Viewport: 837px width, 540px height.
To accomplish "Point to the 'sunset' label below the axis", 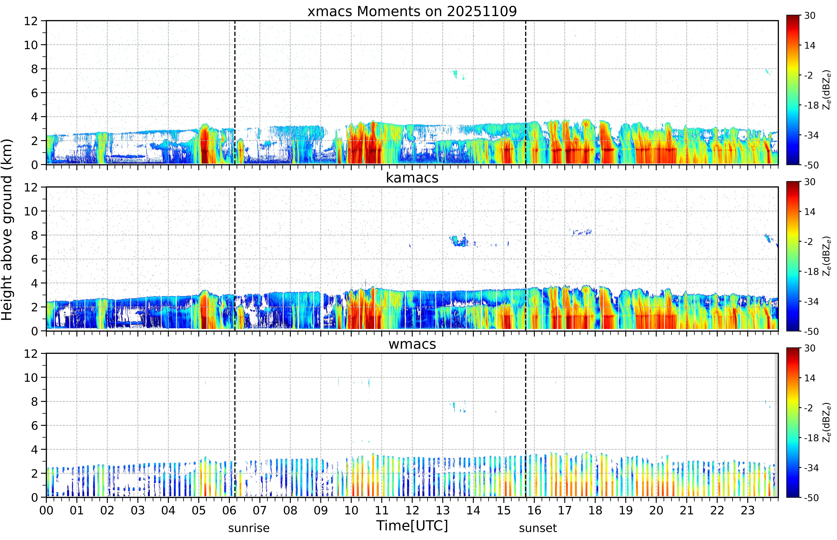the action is pos(538,528).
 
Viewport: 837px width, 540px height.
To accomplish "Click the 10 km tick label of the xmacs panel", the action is pos(31,45).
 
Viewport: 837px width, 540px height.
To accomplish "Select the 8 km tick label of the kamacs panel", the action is pos(34,235).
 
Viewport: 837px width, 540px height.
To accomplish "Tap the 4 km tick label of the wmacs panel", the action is pos(34,450).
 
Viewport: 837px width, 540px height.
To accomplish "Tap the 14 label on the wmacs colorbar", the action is pos(810,378).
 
